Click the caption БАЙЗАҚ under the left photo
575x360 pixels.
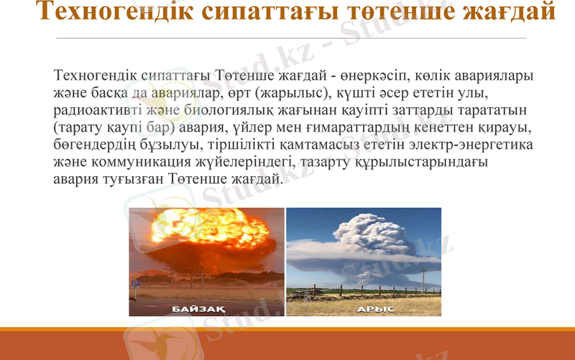[199, 309]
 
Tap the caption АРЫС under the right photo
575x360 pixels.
[375, 309]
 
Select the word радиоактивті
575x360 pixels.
[92, 109]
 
